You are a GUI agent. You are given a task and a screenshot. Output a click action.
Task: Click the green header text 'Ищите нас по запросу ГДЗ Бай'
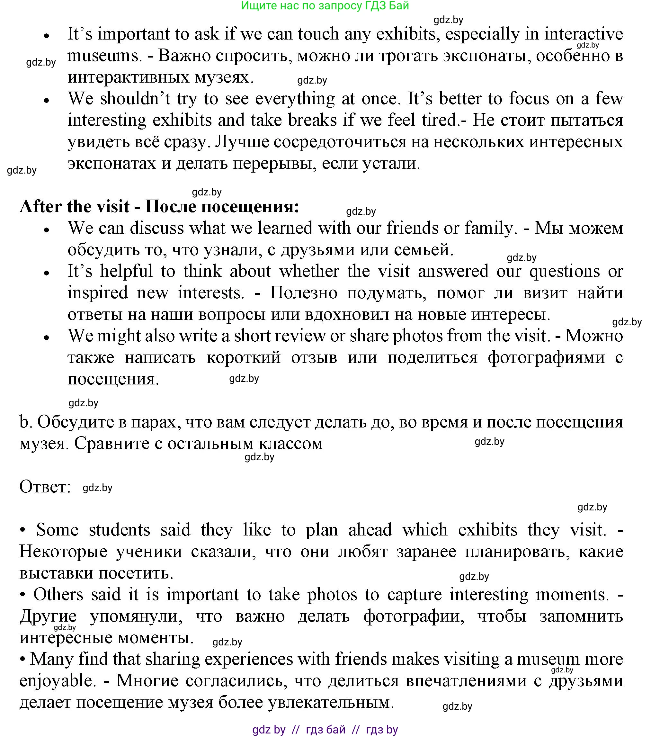325,6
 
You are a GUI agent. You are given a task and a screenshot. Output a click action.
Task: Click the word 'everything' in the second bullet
295,99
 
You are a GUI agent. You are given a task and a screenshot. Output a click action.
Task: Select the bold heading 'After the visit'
74,207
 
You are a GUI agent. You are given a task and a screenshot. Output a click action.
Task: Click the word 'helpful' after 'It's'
127,271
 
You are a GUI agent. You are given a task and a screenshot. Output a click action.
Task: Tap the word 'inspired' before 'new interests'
97,293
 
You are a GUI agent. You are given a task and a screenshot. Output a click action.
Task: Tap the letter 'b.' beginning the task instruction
26,422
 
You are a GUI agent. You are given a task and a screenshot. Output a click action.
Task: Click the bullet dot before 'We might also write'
46,337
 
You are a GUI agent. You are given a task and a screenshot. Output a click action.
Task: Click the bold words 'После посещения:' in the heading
222,207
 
